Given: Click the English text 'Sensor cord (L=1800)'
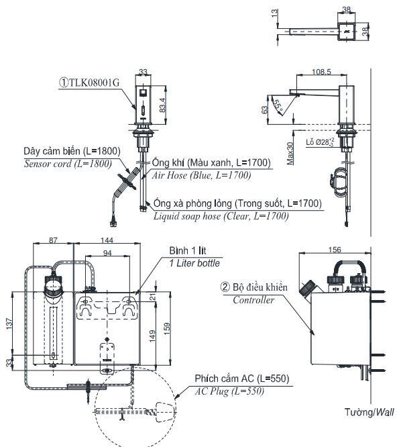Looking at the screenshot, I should (67, 163).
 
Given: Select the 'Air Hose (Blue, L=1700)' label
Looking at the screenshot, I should (202, 175).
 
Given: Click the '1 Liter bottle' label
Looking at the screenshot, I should (194, 263).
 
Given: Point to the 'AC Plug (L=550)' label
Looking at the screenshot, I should (227, 391).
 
